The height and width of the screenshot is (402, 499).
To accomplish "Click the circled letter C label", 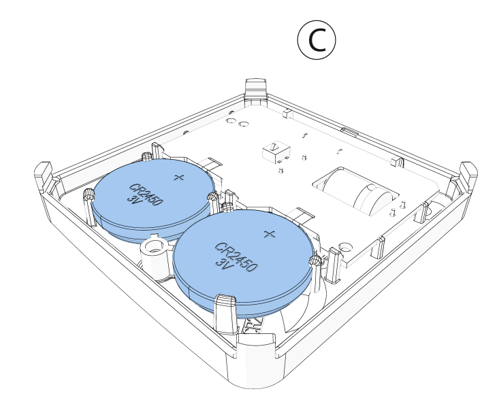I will (x=317, y=40).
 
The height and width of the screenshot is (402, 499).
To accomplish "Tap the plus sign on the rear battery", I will (x=179, y=178).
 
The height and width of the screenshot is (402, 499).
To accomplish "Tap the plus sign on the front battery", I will (x=269, y=234).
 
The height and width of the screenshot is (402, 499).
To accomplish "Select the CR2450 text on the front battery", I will (x=236, y=257).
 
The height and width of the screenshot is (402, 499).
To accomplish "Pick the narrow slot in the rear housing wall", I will (x=349, y=129).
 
